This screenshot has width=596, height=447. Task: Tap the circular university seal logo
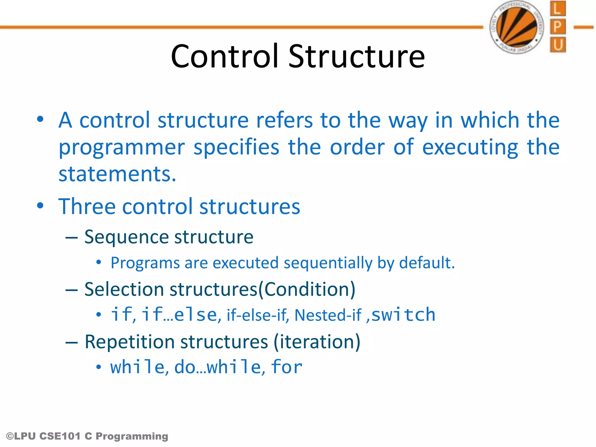click(517, 27)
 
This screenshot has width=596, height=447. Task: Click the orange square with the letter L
click(558, 9)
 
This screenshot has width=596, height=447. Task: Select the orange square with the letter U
click(558, 45)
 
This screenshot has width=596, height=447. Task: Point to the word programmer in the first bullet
click(122, 148)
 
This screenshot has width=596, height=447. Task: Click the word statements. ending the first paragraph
click(117, 174)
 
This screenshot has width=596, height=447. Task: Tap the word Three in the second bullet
click(87, 207)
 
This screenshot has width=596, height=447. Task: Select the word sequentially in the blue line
click(328, 263)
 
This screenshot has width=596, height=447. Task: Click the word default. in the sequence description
click(427, 263)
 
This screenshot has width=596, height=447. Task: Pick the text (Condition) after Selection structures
click(307, 289)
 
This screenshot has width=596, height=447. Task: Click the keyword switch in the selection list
click(403, 315)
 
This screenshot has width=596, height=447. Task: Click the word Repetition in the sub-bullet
click(129, 342)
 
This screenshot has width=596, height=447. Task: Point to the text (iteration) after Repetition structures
click(317, 342)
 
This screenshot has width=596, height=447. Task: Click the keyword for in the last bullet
click(287, 367)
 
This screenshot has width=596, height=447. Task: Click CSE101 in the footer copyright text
click(60, 436)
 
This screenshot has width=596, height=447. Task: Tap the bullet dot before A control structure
click(40, 119)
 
